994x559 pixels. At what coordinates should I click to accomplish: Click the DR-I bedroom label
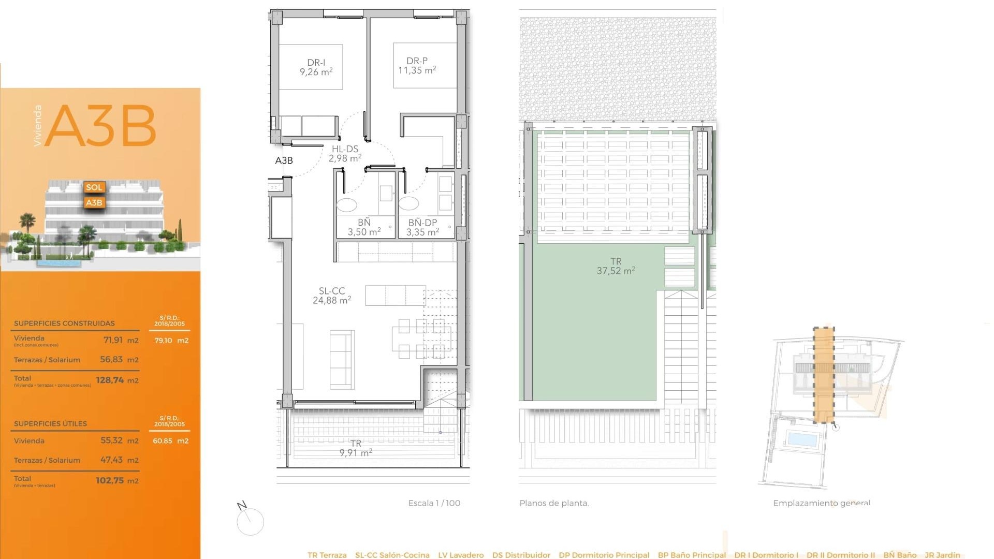click(x=316, y=67)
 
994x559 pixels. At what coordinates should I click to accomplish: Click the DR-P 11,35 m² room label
click(x=417, y=66)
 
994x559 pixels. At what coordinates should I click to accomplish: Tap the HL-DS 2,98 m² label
click(x=345, y=154)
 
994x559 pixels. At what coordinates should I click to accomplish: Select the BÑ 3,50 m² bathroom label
click(x=364, y=227)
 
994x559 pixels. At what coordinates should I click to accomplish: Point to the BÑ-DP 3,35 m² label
click(x=422, y=227)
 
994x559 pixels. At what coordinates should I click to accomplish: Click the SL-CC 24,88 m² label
click(x=332, y=296)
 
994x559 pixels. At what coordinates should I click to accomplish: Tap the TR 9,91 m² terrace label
click(x=356, y=448)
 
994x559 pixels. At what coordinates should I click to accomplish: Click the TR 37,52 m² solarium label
click(x=616, y=266)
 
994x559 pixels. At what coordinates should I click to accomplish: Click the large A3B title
click(x=101, y=126)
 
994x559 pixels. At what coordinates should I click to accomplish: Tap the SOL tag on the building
click(x=94, y=187)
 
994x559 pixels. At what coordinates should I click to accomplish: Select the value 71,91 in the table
click(x=113, y=340)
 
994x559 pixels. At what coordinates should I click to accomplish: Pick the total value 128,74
click(x=110, y=380)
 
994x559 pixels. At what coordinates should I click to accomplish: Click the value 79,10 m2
click(x=171, y=341)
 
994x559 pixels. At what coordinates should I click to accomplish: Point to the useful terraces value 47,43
click(x=111, y=460)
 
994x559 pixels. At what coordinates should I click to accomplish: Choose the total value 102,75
click(x=110, y=480)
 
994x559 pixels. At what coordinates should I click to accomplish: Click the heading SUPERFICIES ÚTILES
click(x=50, y=423)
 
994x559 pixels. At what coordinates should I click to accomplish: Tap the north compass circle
click(x=250, y=522)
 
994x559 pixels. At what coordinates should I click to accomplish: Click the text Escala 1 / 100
click(x=434, y=503)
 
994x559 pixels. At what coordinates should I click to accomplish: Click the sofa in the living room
click(x=342, y=359)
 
